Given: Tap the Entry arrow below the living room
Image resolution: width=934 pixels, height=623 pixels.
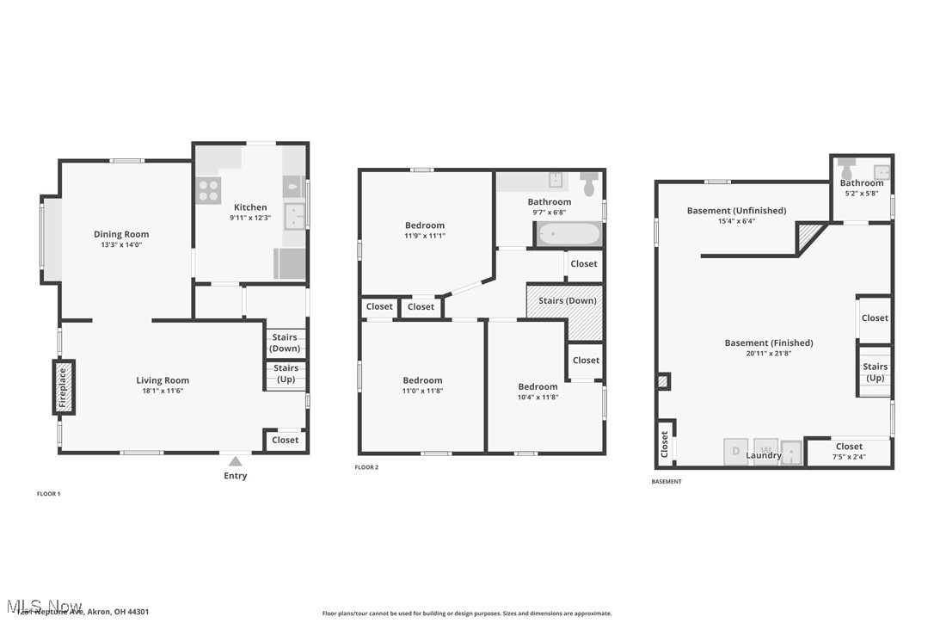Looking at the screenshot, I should [235, 461].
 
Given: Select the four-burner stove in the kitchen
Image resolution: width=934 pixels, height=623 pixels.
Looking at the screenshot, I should [208, 189].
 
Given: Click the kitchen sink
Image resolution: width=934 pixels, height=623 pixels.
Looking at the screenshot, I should [295, 216].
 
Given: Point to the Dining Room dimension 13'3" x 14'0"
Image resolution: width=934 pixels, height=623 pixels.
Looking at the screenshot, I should [121, 245].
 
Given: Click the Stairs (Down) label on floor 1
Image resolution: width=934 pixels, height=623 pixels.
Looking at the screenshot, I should [285, 342].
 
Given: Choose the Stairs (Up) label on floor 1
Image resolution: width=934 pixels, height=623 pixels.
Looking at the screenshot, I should [286, 373].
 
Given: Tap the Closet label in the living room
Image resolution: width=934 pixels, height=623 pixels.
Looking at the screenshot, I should [285, 440].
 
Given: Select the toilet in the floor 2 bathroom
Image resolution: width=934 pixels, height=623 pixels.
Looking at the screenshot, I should [589, 185].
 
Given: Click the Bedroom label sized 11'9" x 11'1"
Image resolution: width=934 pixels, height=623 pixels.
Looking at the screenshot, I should [425, 225].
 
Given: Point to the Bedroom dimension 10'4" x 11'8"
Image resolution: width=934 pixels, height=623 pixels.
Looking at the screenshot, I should [538, 398].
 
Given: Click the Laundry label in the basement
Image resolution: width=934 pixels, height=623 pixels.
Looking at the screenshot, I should [765, 455].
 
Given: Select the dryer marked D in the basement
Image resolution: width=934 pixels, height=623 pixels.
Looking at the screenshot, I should [736, 451].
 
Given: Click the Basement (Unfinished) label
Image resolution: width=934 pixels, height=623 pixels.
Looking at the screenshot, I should [736, 211].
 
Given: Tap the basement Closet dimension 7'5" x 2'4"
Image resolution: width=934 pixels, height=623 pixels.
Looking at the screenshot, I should [849, 457].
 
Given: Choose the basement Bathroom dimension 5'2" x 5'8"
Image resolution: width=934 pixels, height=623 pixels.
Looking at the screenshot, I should [861, 194].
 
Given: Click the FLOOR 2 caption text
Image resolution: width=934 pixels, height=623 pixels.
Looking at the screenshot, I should [366, 467].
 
